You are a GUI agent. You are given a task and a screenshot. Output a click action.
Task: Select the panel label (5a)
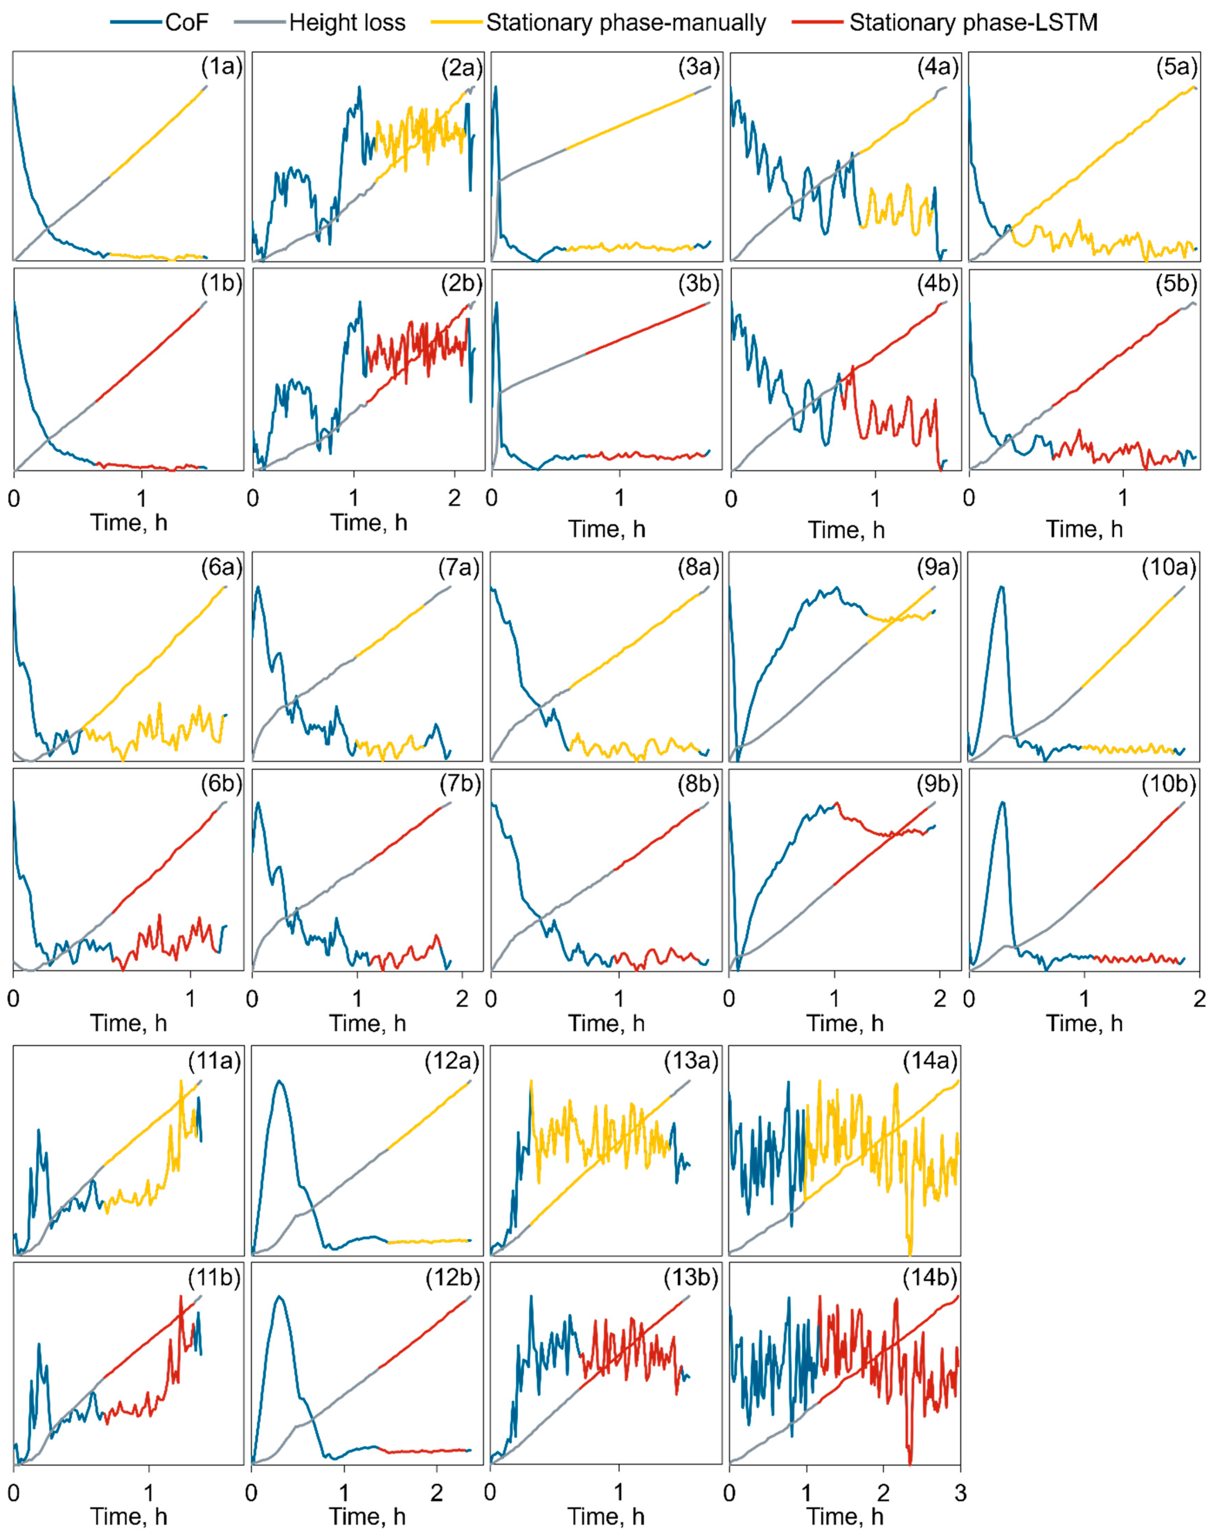coord(1176,67)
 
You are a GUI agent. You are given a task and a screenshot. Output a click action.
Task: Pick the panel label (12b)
coord(452,1277)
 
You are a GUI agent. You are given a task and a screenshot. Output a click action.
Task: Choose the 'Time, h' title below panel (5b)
coord(1084,529)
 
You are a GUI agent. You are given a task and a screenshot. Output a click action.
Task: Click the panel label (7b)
coord(460,784)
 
